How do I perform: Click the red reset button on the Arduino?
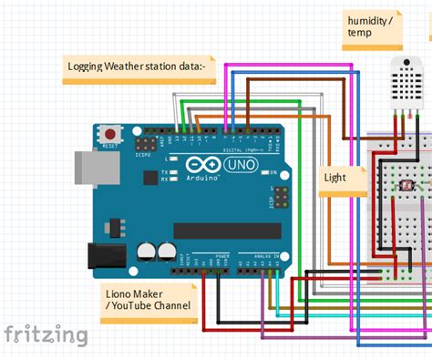(111, 133)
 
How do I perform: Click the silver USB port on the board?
(91, 168)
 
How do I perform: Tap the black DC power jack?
(104, 256)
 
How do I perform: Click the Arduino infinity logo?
(201, 165)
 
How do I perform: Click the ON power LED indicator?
(262, 172)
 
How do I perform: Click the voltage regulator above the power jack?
(115, 223)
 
